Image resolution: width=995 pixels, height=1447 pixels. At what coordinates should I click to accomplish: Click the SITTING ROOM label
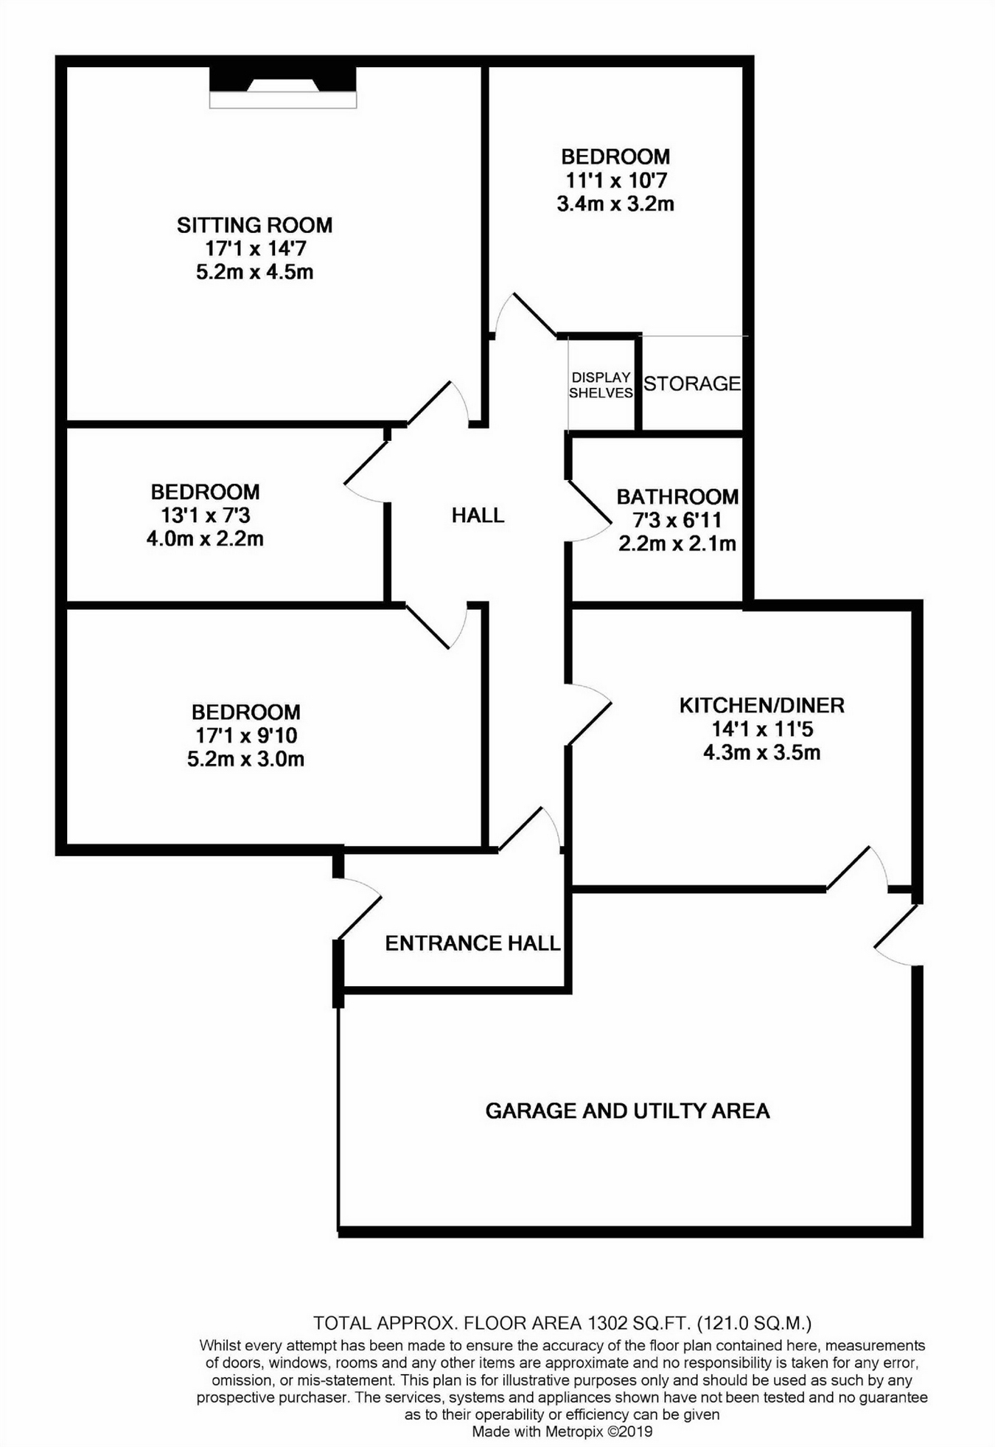pos(254,225)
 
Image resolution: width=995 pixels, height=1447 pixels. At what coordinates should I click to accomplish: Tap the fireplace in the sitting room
pos(283,87)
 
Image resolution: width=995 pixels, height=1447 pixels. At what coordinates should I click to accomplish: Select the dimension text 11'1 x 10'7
pos(615,180)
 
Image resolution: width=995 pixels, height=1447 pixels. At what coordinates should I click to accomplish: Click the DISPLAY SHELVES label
pos(601,385)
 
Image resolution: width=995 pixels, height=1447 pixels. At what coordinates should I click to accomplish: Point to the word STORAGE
pos(692,384)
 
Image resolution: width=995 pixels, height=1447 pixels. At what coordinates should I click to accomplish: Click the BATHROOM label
pos(677,496)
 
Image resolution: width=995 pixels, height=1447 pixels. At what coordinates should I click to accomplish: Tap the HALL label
pos(478,515)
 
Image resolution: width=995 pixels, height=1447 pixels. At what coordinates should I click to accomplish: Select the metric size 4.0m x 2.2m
pos(205,538)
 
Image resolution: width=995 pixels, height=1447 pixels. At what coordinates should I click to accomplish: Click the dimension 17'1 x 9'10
pos(246,735)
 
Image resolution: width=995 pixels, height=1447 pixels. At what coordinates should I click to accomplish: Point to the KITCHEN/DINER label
pos(761,705)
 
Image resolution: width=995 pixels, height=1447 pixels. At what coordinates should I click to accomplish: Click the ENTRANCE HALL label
pos(472,943)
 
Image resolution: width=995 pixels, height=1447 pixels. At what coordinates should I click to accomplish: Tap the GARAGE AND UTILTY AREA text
pos(627,1111)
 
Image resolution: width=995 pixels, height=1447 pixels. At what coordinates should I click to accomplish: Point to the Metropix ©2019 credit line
pos(562,1432)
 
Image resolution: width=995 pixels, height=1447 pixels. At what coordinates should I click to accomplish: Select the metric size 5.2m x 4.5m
pos(254,272)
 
